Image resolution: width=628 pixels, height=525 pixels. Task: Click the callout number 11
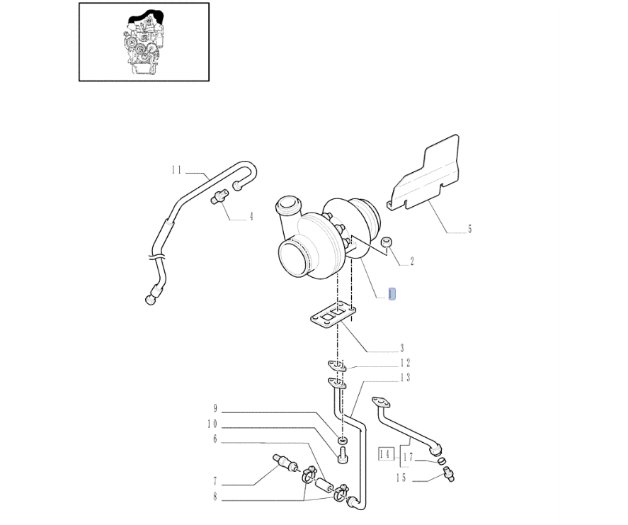click(x=176, y=170)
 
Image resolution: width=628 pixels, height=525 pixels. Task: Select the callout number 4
click(x=251, y=217)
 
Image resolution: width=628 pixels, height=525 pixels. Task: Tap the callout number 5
click(x=470, y=230)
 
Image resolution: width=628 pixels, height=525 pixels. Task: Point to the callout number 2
click(x=412, y=261)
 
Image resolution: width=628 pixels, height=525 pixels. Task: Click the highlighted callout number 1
click(x=392, y=294)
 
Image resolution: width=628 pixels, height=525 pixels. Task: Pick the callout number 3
click(x=401, y=348)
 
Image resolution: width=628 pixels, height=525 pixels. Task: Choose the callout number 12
click(x=405, y=363)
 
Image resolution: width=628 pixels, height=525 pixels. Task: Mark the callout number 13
click(x=405, y=378)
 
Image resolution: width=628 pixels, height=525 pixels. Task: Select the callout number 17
click(x=408, y=457)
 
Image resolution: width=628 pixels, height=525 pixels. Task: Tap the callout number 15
click(x=401, y=478)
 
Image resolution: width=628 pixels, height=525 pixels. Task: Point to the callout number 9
click(x=215, y=408)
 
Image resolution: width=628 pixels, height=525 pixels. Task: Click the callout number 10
click(x=212, y=424)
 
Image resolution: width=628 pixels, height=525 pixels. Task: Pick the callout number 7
click(x=215, y=480)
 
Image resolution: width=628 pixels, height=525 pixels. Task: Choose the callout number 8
click(x=215, y=497)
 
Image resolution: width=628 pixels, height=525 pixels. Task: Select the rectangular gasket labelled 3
click(x=333, y=315)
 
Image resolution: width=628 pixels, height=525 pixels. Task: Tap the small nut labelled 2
click(x=386, y=242)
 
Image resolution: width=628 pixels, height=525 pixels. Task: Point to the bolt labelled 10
click(x=343, y=456)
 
